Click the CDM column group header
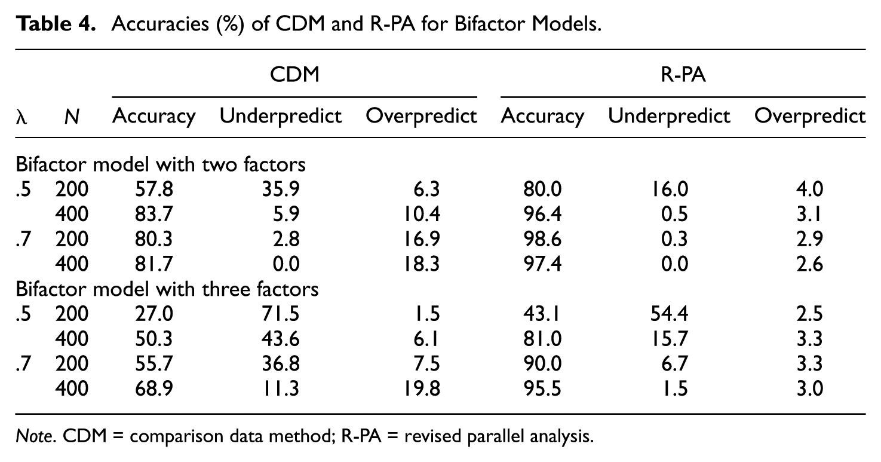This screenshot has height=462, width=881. click(294, 74)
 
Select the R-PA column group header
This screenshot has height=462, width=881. click(683, 74)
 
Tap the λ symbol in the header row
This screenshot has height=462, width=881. click(22, 117)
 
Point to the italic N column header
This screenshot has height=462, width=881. click(72, 117)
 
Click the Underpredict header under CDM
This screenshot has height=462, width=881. click(280, 116)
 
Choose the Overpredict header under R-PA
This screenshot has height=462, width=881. click(810, 116)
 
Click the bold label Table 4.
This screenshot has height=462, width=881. click(56, 24)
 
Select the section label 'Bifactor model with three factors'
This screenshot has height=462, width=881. click(167, 289)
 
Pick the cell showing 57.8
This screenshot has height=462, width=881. click(154, 189)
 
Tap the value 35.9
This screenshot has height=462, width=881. click(281, 189)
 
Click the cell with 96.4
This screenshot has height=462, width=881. click(542, 215)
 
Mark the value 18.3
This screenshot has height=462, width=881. click(422, 264)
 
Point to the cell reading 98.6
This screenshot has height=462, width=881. click(542, 239)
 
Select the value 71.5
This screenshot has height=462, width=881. click(281, 314)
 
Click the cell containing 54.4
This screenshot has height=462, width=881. click(670, 314)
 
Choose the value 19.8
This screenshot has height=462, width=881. click(422, 389)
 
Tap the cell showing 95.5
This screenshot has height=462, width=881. click(542, 389)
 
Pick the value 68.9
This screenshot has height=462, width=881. click(154, 389)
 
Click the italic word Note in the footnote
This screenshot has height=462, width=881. click(34, 436)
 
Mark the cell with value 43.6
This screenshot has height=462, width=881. click(281, 339)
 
